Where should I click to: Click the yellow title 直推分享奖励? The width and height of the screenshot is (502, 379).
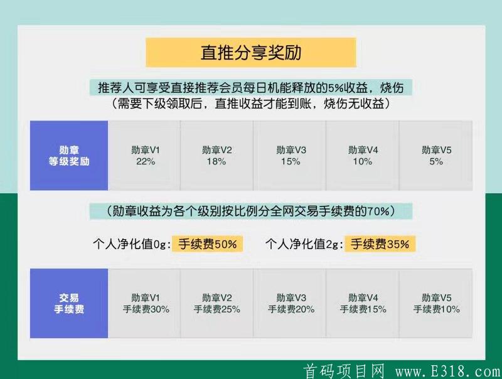[x=251, y=53]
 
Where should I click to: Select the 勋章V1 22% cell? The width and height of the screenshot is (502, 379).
[x=145, y=156]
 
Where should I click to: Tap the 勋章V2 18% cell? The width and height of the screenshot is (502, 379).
[x=217, y=156]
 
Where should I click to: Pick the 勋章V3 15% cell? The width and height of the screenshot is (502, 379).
[x=291, y=156]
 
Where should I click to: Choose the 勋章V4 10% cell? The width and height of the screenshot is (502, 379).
[x=363, y=156]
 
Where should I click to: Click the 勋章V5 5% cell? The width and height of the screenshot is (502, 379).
[x=436, y=156]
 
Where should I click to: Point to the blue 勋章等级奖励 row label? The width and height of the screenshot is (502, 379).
[x=69, y=156]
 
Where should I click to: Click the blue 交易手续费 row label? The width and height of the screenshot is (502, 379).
[x=69, y=303]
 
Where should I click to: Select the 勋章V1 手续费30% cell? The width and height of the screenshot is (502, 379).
[x=145, y=303]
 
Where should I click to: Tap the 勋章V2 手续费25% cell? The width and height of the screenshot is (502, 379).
[x=217, y=303]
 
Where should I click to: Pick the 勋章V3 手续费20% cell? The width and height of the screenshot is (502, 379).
[x=291, y=303]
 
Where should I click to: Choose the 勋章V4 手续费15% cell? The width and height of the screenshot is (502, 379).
[x=363, y=303]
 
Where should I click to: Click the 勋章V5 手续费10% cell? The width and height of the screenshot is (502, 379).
[x=436, y=303]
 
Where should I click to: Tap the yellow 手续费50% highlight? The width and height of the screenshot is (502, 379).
[x=208, y=244]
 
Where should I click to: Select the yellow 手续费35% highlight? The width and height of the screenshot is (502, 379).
[x=380, y=244]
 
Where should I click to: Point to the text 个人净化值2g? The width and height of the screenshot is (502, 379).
[x=304, y=244]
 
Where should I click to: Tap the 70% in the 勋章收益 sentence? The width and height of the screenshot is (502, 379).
[x=378, y=211]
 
